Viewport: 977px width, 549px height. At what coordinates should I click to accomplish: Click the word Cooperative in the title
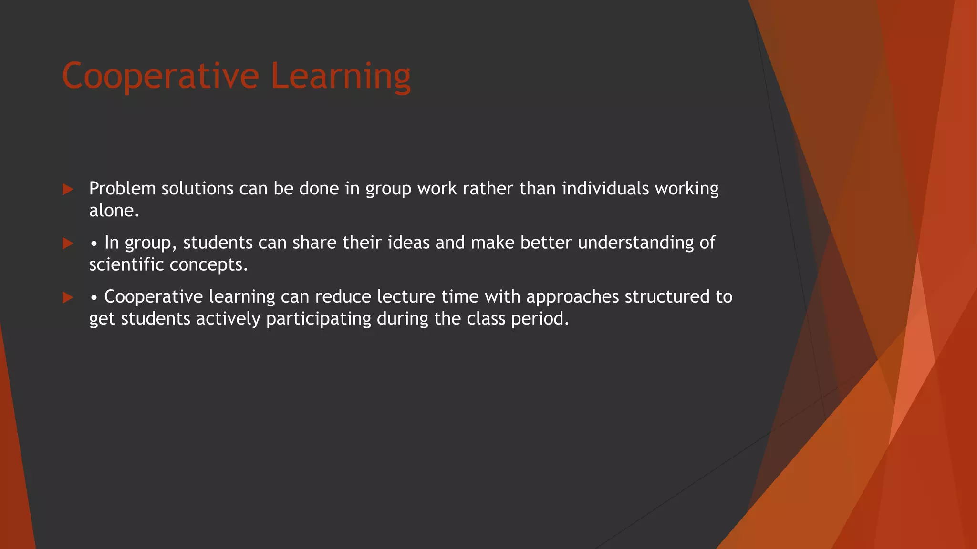tap(160, 76)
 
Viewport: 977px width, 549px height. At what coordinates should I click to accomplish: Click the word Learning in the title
tap(341, 76)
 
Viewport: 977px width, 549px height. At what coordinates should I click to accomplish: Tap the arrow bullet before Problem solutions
tap(68, 190)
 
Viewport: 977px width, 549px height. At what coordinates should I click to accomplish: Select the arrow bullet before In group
tap(68, 244)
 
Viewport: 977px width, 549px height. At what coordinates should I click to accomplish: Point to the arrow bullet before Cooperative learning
tap(68, 298)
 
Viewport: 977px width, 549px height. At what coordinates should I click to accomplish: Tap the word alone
tap(114, 211)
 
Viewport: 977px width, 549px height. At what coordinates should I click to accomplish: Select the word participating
tap(318, 319)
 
